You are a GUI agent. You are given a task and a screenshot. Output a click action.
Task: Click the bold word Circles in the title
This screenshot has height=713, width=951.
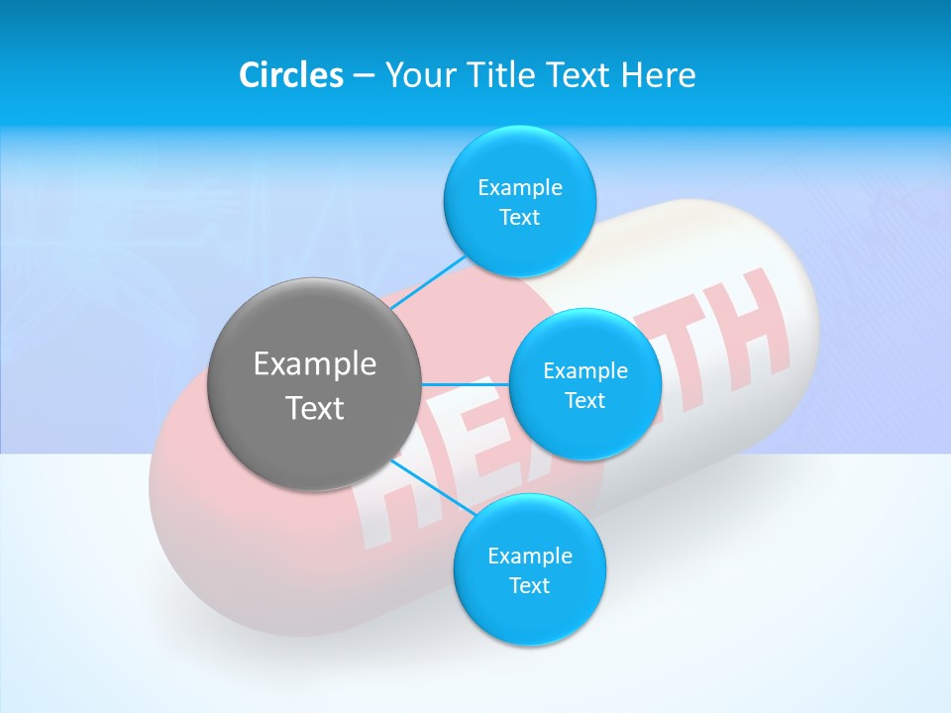click(291, 75)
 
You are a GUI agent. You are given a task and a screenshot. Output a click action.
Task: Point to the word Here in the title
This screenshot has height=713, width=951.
click(658, 75)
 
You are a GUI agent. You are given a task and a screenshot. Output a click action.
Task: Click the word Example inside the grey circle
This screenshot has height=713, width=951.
click(315, 364)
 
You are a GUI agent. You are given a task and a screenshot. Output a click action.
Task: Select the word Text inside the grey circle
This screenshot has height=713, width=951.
click(315, 408)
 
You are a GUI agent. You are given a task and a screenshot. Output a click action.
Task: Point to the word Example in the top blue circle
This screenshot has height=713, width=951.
click(520, 188)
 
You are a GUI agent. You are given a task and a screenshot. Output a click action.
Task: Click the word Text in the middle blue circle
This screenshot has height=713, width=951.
click(584, 401)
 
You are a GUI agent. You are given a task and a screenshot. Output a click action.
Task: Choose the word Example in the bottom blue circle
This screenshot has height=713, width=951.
click(530, 557)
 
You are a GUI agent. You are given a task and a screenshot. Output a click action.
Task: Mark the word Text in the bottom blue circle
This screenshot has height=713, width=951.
click(529, 586)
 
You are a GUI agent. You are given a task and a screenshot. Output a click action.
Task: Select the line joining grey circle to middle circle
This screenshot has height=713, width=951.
click(465, 384)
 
